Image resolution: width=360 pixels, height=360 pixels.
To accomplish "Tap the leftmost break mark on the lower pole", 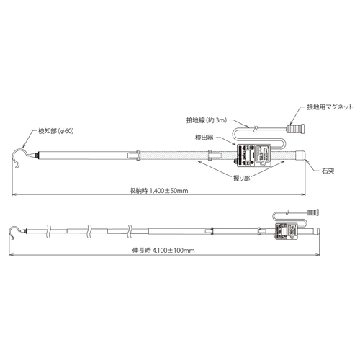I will [48, 232].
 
